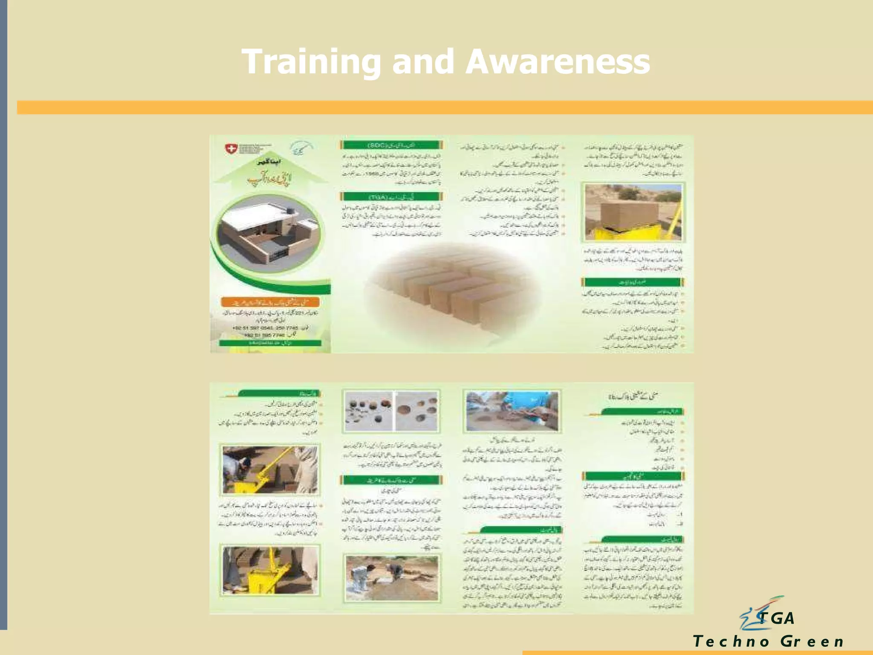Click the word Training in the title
coord(311,62)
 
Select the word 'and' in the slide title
coord(423,62)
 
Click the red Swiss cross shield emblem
coord(231,149)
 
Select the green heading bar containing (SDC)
coord(391,145)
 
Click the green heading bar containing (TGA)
coord(391,197)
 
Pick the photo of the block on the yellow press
coord(633,212)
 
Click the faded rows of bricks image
coord(452,286)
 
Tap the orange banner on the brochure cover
coord(270,302)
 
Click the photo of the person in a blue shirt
coord(512,411)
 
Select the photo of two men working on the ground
coord(391,578)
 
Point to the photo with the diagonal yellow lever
coord(270,469)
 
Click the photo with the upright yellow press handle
coord(270,570)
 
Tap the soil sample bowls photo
coord(391,411)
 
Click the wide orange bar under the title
coord(443,107)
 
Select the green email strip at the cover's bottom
coord(270,343)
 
